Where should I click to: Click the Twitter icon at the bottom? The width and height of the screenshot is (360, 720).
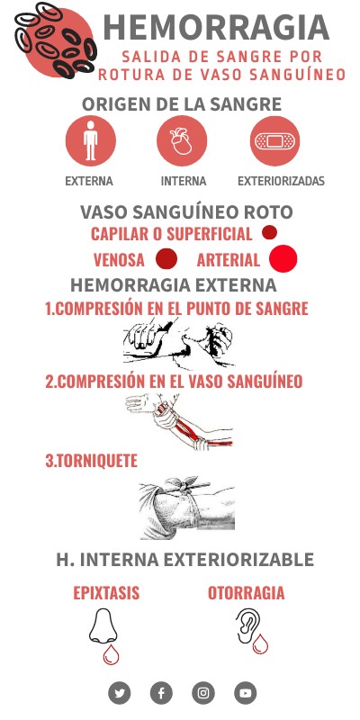pos(120,693)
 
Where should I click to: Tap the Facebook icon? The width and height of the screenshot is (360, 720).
pos(161,693)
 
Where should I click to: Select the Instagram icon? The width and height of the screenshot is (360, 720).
pos(203,693)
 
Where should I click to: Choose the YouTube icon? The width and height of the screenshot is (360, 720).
pos(245,693)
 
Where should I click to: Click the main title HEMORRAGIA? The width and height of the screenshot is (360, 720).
pos(216,28)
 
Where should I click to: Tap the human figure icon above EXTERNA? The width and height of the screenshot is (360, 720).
pos(91,140)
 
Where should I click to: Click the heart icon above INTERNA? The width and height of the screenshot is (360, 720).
pos(182,140)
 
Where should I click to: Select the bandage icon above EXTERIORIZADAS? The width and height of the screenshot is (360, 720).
pos(275,140)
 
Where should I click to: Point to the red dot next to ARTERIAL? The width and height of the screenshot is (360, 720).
pos(283,258)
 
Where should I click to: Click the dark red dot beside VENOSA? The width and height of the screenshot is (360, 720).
pos(166,258)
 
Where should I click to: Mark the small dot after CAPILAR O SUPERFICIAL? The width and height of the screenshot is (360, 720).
pos(269,232)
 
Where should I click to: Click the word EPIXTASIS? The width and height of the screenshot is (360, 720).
pos(106,593)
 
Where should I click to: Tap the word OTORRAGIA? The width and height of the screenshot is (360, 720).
pos(246,593)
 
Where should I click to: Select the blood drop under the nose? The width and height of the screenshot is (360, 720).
pos(111,655)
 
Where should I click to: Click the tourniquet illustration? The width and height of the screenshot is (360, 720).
pos(187,508)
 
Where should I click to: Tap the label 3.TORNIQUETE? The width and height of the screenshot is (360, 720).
pos(92,461)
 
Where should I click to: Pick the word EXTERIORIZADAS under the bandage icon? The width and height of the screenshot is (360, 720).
pos(281,181)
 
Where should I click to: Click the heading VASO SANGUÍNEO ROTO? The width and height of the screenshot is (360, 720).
pos(186,212)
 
